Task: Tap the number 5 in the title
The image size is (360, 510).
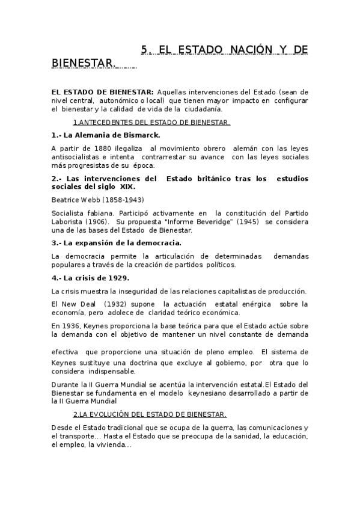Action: pyautogui.click(x=144, y=49)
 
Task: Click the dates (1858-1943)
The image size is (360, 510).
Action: pyautogui.click(x=124, y=200)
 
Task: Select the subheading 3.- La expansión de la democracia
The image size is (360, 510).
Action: pyautogui.click(x=117, y=243)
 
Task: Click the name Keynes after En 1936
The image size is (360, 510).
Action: pyautogui.click(x=96, y=325)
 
